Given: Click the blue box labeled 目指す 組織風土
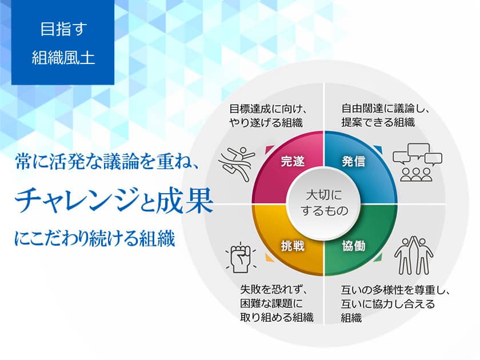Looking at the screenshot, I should [x=63, y=43].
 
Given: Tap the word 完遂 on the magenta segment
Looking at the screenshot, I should [x=293, y=161].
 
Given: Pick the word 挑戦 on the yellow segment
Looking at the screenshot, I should [x=293, y=246].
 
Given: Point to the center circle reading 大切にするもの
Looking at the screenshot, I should [x=323, y=203].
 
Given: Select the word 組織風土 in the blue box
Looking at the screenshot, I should [x=63, y=58].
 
